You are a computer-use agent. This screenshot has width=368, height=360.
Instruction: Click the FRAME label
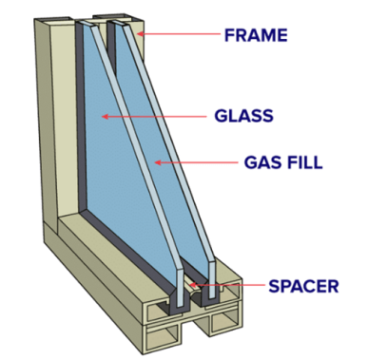[256, 35]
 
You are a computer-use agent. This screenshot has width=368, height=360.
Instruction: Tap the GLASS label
[243, 116]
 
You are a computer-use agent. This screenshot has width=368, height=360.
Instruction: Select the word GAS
[263, 162]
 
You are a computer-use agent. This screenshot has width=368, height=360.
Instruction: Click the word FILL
[304, 162]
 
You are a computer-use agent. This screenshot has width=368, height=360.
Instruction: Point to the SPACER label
[303, 286]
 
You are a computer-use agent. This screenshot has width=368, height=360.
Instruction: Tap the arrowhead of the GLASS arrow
[105, 117]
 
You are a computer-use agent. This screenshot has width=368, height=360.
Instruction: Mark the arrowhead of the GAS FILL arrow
[158, 162]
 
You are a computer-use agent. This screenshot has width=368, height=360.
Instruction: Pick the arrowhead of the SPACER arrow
[192, 285]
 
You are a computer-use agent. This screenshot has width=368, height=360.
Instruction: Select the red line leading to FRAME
[179, 33]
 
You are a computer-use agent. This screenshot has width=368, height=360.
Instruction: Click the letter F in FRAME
[229, 35]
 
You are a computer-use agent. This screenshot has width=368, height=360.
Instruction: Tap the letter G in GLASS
[221, 116]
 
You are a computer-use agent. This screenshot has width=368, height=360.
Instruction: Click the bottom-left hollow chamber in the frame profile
[162, 340]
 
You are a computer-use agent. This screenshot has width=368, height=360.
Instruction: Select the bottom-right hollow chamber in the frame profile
[223, 323]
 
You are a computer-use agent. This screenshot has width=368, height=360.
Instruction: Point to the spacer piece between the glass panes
[193, 289]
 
